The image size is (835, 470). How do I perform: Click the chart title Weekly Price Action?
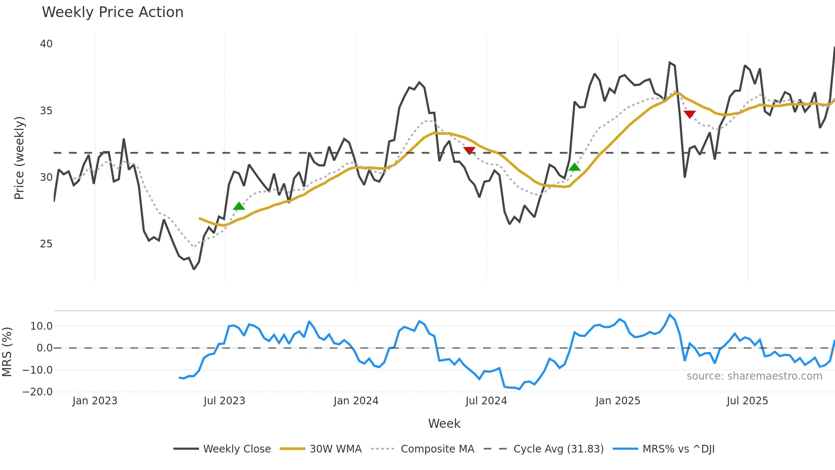tap(112, 12)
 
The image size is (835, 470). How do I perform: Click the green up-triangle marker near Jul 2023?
tap(239, 206)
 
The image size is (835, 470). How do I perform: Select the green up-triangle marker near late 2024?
tap(574, 167)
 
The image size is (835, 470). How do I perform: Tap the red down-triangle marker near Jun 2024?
tap(469, 150)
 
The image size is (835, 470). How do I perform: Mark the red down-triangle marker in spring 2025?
tap(690, 114)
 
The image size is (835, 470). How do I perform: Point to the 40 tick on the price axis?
tap(46, 44)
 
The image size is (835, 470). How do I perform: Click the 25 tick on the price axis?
tap(46, 244)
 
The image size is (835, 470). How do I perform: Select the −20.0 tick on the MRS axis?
tap(37, 392)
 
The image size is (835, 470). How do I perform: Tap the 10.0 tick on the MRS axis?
tap(41, 326)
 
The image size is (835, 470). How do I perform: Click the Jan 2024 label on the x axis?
tap(356, 401)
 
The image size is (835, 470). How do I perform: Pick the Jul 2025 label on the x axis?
tap(747, 401)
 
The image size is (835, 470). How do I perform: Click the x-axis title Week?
tap(444, 424)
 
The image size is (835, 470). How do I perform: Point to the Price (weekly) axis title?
tap(19, 158)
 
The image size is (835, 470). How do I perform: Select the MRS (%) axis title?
tap(7, 352)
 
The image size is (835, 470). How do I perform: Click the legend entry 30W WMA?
tap(335, 449)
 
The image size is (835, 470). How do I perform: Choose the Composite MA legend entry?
tap(437, 449)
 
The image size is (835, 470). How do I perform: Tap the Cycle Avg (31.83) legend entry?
tap(558, 449)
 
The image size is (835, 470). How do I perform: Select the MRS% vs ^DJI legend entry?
tap(678, 449)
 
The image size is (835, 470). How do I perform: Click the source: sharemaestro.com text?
tap(754, 376)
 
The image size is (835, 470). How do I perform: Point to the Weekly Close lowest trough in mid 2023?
tap(194, 269)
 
